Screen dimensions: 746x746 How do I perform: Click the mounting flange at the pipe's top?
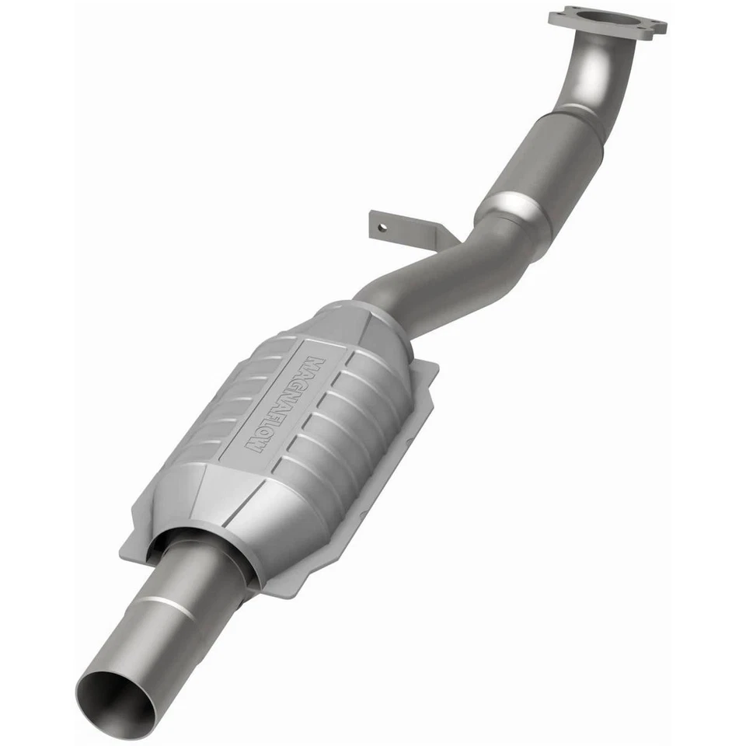click(x=607, y=23)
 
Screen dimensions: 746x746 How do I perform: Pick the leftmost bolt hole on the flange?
click(x=557, y=16)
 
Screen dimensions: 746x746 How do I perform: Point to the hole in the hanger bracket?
click(x=380, y=228)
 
